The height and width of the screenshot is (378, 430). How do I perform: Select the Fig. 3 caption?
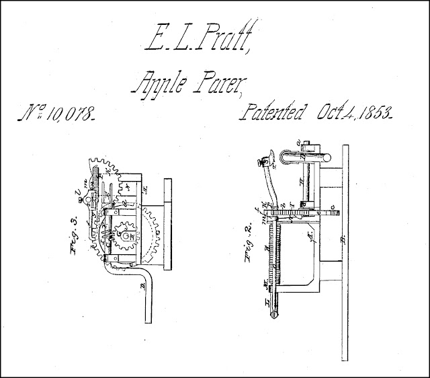point(76,235)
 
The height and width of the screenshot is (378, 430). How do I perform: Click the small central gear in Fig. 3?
point(126,237)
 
